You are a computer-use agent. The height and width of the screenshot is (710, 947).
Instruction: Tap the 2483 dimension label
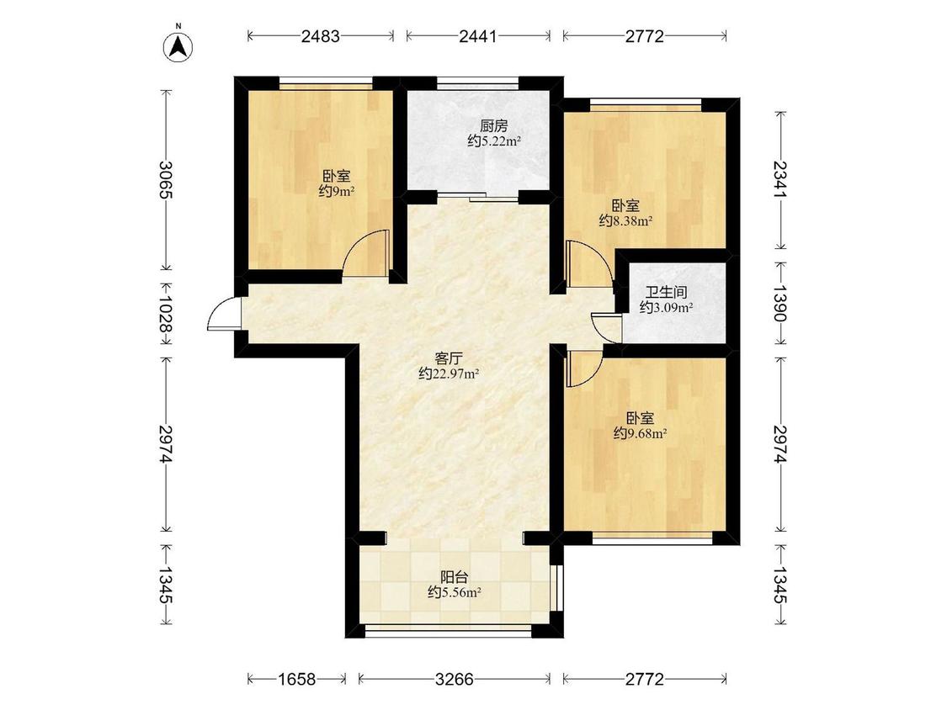click(321, 36)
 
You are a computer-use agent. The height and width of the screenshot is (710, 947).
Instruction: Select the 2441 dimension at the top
click(478, 36)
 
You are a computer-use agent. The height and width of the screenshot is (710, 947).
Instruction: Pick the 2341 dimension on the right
click(780, 179)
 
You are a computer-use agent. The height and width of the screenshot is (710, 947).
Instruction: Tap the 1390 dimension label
click(780, 303)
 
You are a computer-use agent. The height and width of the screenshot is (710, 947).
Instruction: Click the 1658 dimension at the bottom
click(296, 679)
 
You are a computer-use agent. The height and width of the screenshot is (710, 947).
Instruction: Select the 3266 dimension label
click(455, 679)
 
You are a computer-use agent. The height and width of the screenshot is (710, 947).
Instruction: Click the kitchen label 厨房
click(493, 126)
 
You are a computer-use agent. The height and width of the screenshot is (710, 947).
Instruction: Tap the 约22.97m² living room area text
click(449, 374)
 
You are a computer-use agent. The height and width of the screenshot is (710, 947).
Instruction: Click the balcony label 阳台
click(455, 577)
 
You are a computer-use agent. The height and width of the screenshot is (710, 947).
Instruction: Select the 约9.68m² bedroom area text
click(641, 433)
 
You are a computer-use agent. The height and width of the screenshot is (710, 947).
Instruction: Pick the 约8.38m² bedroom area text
click(625, 221)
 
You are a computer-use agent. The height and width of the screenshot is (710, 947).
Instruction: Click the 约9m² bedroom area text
click(337, 192)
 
